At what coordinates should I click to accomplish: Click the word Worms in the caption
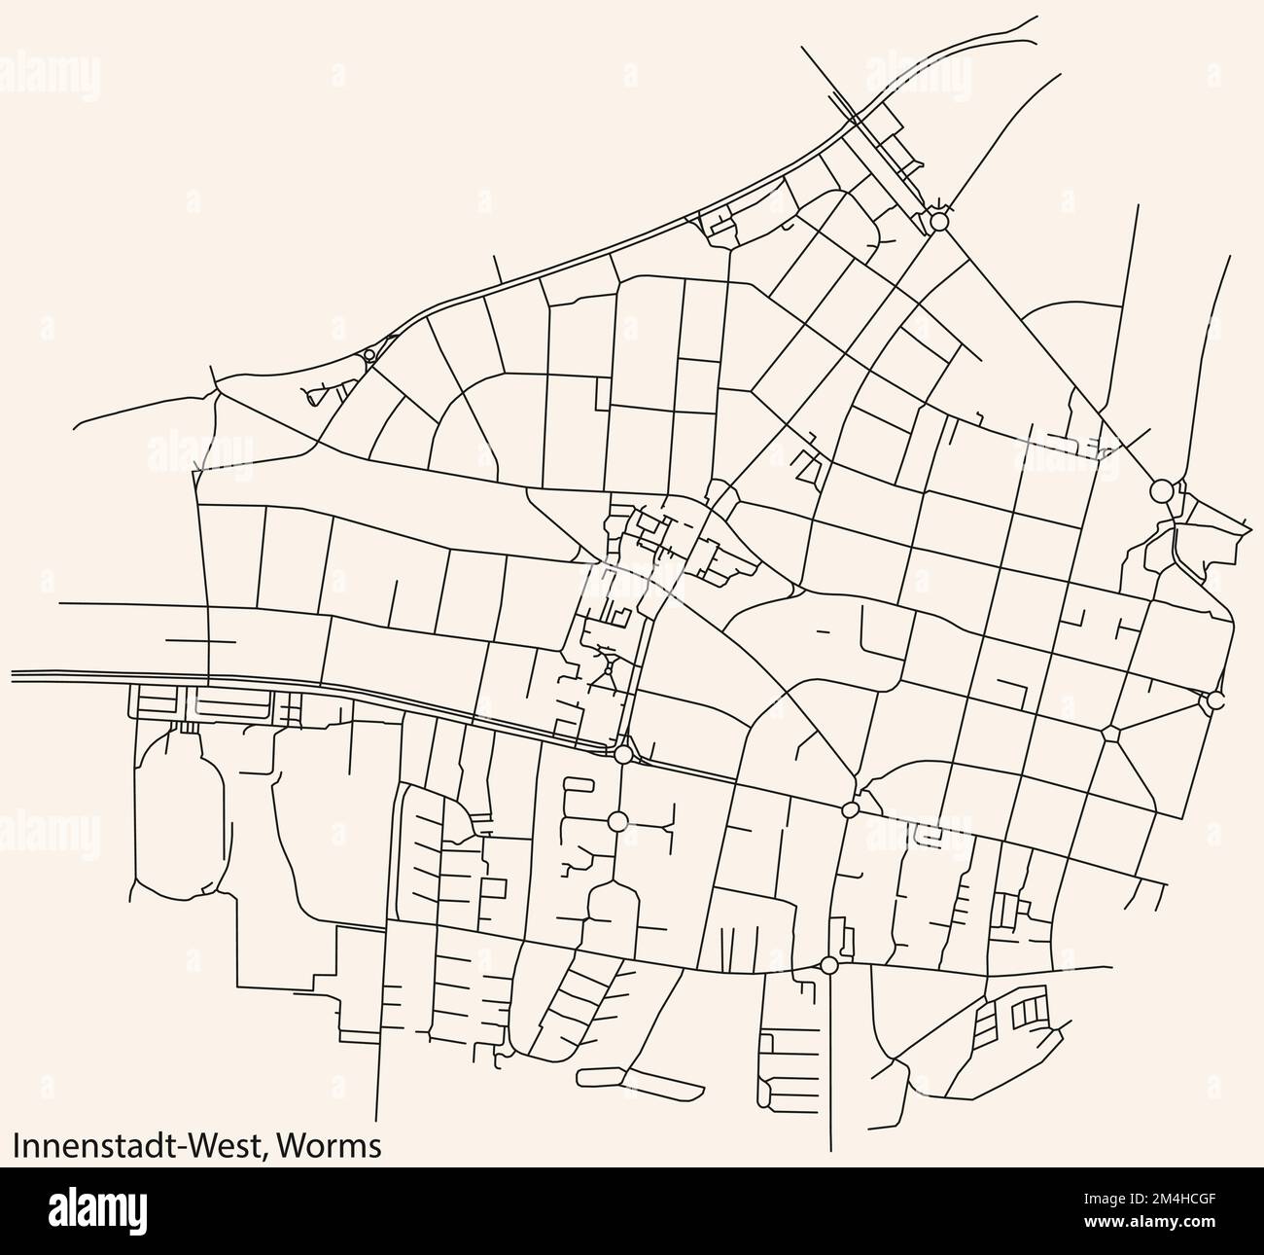tap(329, 1145)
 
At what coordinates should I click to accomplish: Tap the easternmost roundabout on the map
tap(1212, 700)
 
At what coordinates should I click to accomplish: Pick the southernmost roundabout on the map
tap(828, 965)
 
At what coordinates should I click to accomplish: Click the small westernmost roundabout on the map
tap(369, 356)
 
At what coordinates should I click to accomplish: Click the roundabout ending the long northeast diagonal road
tap(1160, 489)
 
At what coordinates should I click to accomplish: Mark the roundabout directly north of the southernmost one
tap(851, 809)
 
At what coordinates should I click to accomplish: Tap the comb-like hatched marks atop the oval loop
tap(189, 726)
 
